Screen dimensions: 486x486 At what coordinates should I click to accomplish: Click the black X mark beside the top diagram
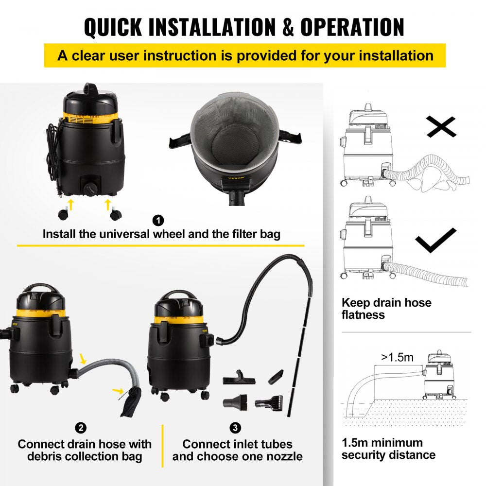pyautogui.click(x=441, y=127)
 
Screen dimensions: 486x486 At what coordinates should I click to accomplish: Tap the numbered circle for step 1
pyautogui.click(x=157, y=221)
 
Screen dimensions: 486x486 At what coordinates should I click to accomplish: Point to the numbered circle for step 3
pyautogui.click(x=235, y=428)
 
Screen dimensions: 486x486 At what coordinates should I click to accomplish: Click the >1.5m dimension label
pyautogui.click(x=397, y=358)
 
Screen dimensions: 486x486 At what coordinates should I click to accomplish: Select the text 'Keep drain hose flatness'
pyautogui.click(x=386, y=309)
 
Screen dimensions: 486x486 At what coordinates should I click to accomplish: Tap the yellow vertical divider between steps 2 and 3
pyautogui.click(x=162, y=439)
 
